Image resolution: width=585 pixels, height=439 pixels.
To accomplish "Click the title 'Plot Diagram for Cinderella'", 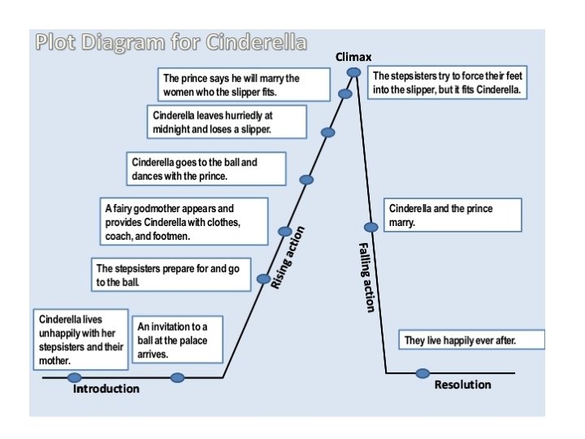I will [x=171, y=42].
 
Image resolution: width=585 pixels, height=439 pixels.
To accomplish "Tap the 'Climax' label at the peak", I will [x=353, y=57].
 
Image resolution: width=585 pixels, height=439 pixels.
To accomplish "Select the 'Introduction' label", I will [x=106, y=389].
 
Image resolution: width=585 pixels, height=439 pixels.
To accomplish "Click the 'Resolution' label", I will [x=462, y=385].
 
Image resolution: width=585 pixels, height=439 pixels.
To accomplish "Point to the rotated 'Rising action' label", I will [x=288, y=257].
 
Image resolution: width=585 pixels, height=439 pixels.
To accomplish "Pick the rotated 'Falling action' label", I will [x=366, y=277].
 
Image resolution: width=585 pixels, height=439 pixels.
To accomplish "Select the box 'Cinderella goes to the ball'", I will [x=207, y=168].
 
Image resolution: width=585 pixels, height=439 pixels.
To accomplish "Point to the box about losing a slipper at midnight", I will [x=227, y=122].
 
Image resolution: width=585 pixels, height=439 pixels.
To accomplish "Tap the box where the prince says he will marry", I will [x=244, y=85].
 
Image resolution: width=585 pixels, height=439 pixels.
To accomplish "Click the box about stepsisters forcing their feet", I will [x=450, y=83].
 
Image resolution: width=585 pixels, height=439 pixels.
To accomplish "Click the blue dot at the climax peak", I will [x=353, y=72].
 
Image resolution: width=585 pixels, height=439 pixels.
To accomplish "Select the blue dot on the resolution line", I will [x=422, y=373].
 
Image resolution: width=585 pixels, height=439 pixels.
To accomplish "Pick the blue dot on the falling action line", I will [x=371, y=228].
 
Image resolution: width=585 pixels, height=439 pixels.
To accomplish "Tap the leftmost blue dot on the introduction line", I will [x=75, y=377].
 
